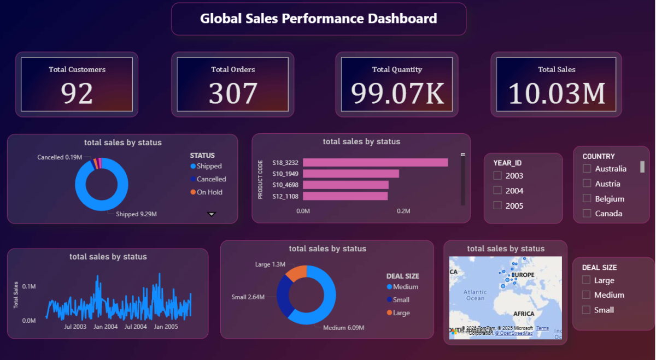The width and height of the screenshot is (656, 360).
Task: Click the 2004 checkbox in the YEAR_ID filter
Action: pyautogui.click(x=497, y=191)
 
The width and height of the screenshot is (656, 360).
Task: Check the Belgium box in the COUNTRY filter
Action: pyautogui.click(x=587, y=198)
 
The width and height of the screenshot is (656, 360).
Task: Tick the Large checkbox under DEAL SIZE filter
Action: pyautogui.click(x=586, y=280)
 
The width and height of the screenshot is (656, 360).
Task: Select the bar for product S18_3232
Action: pyautogui.click(x=375, y=162)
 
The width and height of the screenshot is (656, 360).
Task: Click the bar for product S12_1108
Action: pyautogui.click(x=345, y=196)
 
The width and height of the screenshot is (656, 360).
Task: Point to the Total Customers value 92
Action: pyautogui.click(x=77, y=93)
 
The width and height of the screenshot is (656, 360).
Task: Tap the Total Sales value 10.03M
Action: pyautogui.click(x=557, y=93)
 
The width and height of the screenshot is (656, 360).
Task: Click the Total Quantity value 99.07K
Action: pyautogui.click(x=397, y=93)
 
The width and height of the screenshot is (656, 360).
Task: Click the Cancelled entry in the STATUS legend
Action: pyautogui.click(x=211, y=179)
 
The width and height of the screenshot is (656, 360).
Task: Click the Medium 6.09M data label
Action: pyautogui.click(x=343, y=328)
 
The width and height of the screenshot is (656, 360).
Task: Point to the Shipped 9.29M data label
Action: pyautogui.click(x=136, y=214)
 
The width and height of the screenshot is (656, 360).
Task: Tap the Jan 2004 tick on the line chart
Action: pyautogui.click(x=106, y=327)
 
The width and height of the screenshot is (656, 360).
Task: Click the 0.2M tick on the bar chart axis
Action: pyautogui.click(x=403, y=211)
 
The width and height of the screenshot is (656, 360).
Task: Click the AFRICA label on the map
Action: pyautogui.click(x=523, y=314)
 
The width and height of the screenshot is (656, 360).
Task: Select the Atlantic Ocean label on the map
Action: pyautogui.click(x=475, y=295)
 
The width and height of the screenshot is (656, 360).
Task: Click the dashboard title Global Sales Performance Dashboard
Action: pyautogui.click(x=318, y=19)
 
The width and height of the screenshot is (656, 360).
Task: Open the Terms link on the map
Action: pyautogui.click(x=542, y=328)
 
